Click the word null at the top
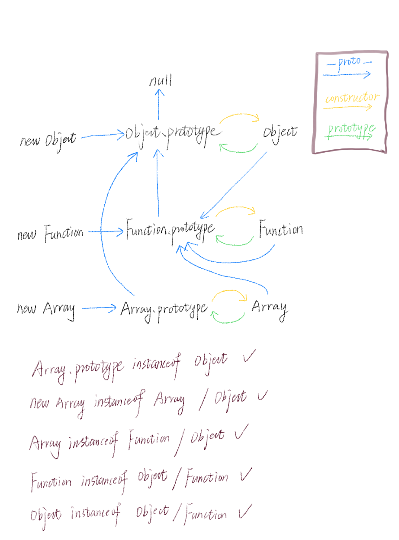click(161, 81)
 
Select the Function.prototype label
click(170, 230)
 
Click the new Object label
click(48, 140)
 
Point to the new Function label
click(50, 234)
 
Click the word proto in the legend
click(349, 62)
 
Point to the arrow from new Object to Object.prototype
click(102, 136)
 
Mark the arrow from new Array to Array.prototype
click(99, 309)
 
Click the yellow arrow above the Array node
click(229, 293)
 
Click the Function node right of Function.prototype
click(280, 230)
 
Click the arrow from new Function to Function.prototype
click(106, 232)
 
